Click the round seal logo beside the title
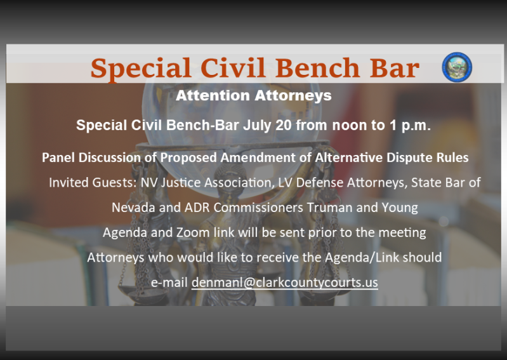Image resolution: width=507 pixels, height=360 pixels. click(457, 67)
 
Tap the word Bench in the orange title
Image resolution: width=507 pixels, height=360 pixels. click(317, 68)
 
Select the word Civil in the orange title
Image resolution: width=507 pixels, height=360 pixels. click(233, 68)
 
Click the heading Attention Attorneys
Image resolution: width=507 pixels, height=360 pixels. click(254, 95)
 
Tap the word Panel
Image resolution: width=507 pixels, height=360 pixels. click(58, 157)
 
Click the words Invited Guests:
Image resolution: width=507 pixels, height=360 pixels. click(93, 182)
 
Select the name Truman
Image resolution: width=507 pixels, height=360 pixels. click(329, 208)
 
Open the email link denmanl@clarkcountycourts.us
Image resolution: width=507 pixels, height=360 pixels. click(284, 283)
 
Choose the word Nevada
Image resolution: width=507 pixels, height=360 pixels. click(133, 208)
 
